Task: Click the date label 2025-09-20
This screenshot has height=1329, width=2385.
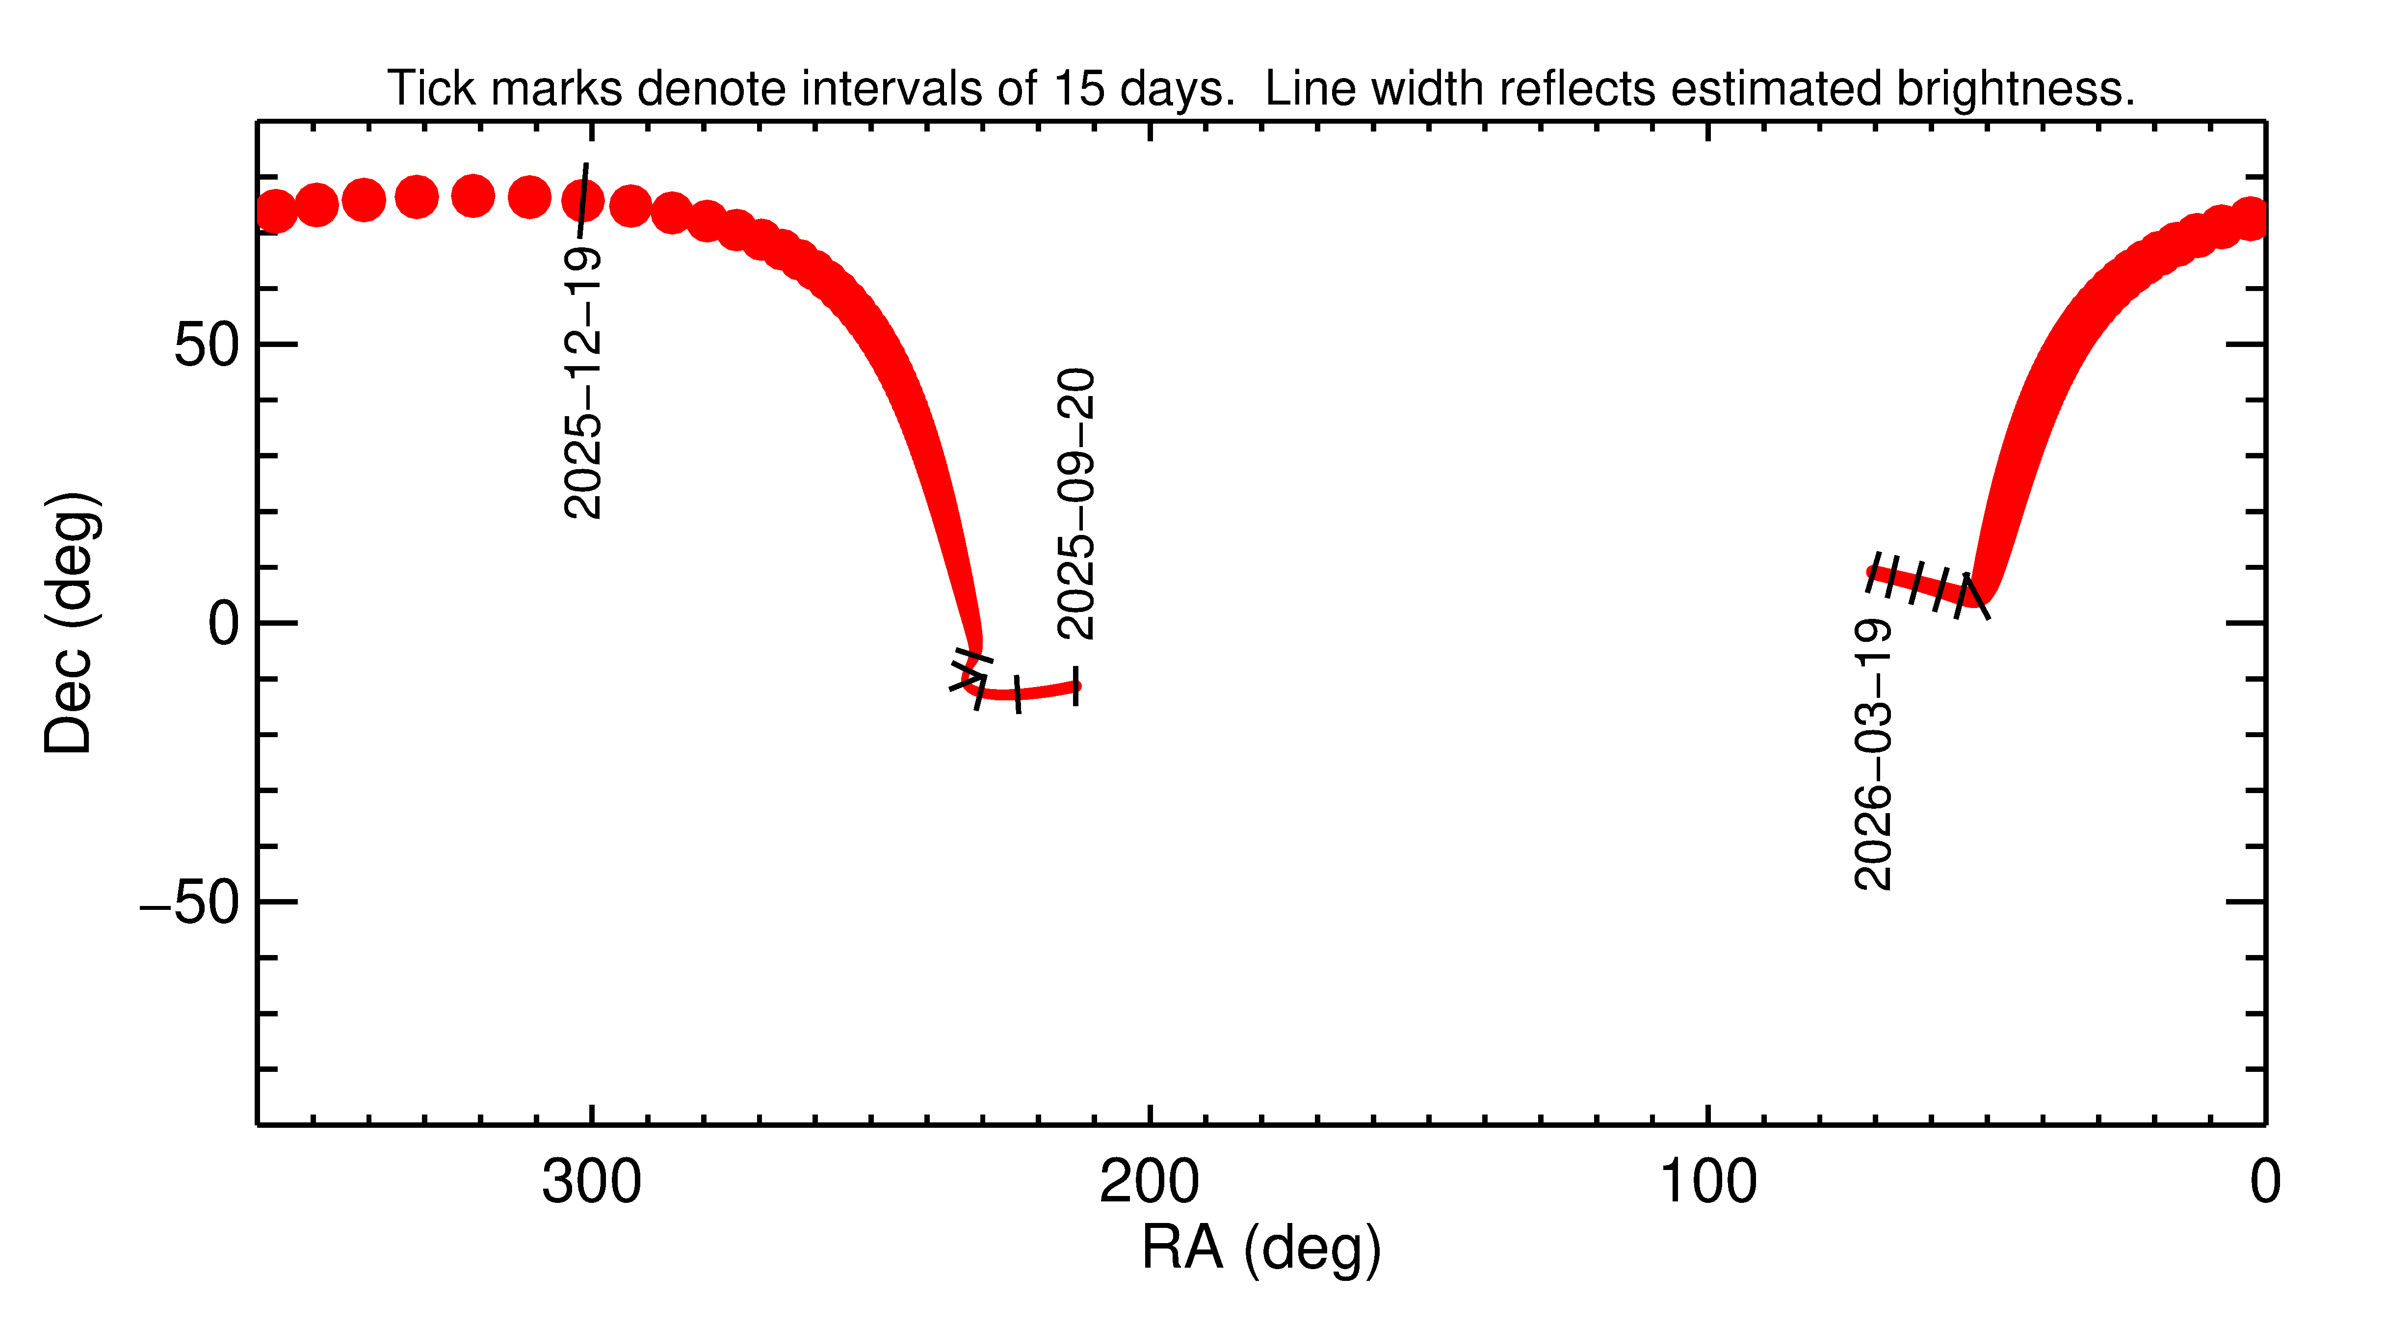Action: (x=1076, y=504)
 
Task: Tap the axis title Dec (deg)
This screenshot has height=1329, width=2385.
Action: (x=70, y=622)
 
